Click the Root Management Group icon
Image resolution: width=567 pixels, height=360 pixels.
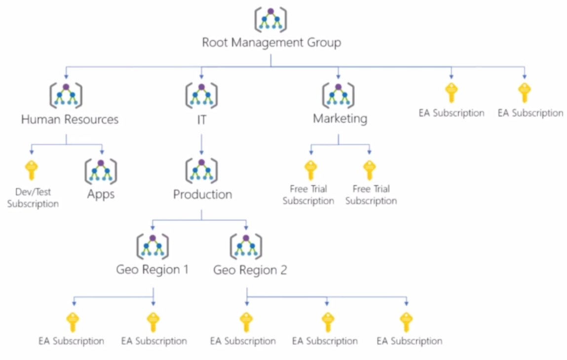(x=270, y=20)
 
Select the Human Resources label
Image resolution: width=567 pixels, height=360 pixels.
(x=70, y=119)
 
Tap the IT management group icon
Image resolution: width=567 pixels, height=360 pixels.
(x=201, y=95)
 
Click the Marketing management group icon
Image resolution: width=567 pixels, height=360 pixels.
(x=338, y=95)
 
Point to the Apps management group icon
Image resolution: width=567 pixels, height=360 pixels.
(x=101, y=171)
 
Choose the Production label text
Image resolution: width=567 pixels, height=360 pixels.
(x=202, y=194)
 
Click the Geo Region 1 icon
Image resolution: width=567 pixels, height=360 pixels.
(x=152, y=246)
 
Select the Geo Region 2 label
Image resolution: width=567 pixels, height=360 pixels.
(x=250, y=270)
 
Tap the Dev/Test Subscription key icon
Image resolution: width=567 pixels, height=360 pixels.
(x=31, y=170)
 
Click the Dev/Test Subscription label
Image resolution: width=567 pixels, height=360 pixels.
(x=33, y=198)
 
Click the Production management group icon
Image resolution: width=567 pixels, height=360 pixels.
(x=201, y=171)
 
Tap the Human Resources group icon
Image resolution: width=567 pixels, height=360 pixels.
(x=66, y=95)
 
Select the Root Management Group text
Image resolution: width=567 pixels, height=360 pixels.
(x=271, y=42)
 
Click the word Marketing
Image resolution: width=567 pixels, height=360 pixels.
(x=340, y=119)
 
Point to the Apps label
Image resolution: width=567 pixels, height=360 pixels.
(x=101, y=194)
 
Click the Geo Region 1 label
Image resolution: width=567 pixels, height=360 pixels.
(x=152, y=270)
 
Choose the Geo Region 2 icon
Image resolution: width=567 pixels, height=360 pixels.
(x=246, y=246)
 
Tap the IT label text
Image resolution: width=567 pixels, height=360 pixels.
(x=201, y=119)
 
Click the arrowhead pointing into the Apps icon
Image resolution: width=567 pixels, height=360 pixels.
(x=102, y=151)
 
